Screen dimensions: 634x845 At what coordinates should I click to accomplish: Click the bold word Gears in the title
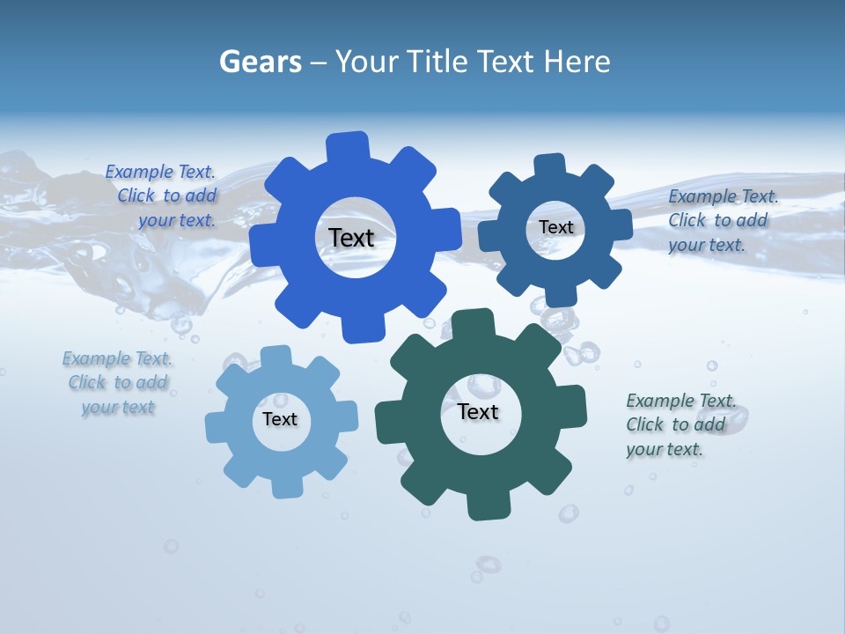(259, 62)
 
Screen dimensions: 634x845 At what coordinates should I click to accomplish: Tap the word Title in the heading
(440, 62)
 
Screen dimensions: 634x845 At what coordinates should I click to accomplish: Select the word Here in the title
(577, 62)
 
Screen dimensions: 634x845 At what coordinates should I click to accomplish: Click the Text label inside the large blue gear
(351, 238)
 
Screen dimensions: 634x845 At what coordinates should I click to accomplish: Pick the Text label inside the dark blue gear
(555, 227)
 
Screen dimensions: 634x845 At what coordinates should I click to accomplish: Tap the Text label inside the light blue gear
(280, 420)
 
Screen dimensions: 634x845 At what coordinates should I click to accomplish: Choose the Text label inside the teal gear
(478, 412)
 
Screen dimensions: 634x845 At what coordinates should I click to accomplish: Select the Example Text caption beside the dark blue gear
(722, 220)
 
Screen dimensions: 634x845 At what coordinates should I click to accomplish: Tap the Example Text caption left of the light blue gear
(117, 383)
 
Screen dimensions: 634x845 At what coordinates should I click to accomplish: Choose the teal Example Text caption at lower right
(680, 424)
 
